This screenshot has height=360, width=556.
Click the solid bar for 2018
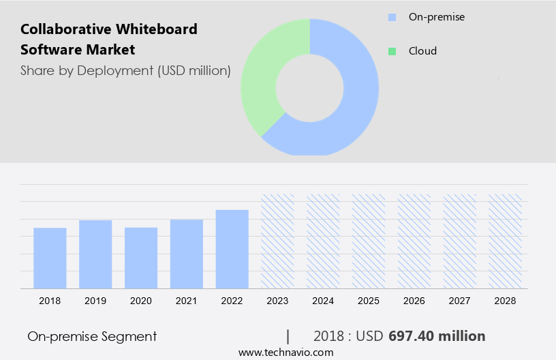point(50,258)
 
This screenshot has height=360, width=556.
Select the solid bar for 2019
point(95,254)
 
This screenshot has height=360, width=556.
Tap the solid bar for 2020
point(141,258)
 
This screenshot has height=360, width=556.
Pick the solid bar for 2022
point(232,249)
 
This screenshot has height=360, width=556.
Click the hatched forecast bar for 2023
point(278,241)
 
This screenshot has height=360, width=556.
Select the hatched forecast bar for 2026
point(414,241)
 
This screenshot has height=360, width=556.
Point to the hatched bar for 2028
point(506,241)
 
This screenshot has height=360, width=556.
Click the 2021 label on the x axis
point(187,301)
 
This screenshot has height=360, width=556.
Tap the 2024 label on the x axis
point(323,301)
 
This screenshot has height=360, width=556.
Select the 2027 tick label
point(460,301)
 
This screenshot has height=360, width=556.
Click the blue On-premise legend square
point(392,16)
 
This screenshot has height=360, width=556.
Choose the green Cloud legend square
point(392,51)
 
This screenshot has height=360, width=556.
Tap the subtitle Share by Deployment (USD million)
point(125,70)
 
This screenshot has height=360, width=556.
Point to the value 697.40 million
point(437,336)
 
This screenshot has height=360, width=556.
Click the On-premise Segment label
point(92,336)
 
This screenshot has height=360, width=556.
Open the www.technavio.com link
point(285,352)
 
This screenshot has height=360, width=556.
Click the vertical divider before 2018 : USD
point(288,336)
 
